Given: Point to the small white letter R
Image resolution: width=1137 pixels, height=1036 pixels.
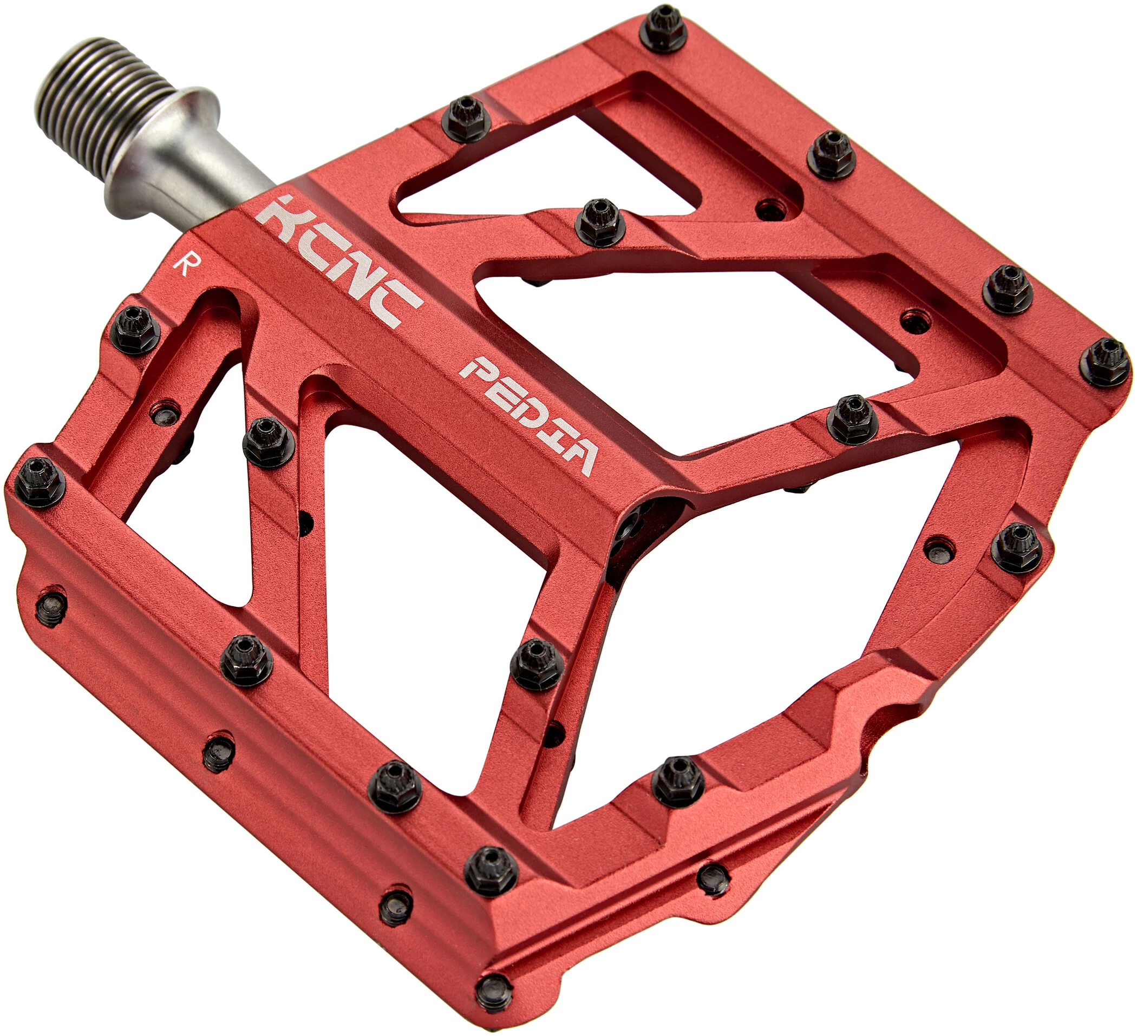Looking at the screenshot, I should click(181, 264).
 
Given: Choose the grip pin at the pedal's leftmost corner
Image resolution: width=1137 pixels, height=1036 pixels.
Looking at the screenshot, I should click(40, 481).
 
